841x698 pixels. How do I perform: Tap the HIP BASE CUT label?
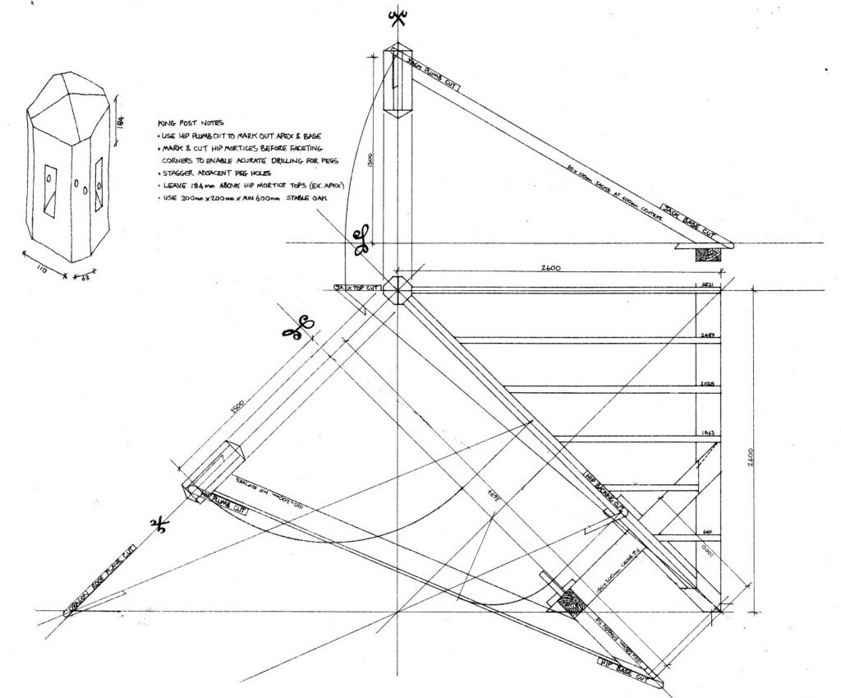(630, 671)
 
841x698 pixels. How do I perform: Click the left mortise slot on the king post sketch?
(50, 187)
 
